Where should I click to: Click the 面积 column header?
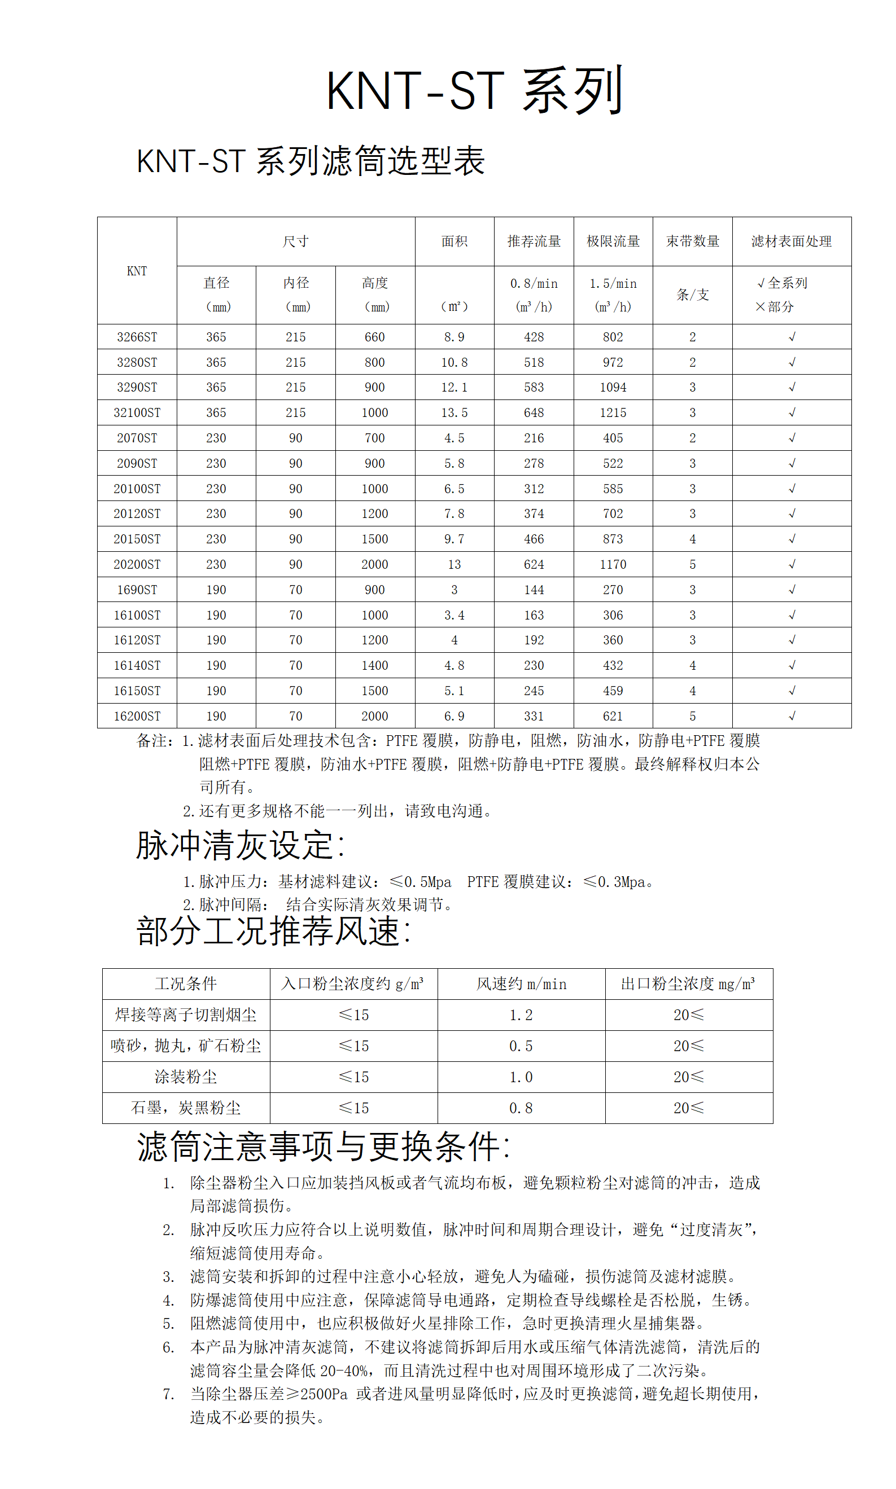tap(454, 241)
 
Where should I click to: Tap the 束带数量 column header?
tap(692, 241)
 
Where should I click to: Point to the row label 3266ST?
tap(137, 337)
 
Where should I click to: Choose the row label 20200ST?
tap(137, 564)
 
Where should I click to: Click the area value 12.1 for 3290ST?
tap(454, 387)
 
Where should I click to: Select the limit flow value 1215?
tap(613, 412)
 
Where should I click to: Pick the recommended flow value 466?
tap(534, 539)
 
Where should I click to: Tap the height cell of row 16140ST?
tap(374, 665)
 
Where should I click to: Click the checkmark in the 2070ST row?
tap(792, 438)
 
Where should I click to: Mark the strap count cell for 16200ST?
tap(692, 716)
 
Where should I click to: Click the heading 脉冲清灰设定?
tap(240, 845)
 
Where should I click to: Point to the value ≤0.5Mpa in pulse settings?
tap(421, 882)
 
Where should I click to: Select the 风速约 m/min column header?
tap(521, 984)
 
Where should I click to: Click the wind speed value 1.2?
tap(521, 1016)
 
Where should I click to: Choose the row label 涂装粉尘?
tap(185, 1077)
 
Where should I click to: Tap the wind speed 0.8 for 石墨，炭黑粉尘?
tap(521, 1108)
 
